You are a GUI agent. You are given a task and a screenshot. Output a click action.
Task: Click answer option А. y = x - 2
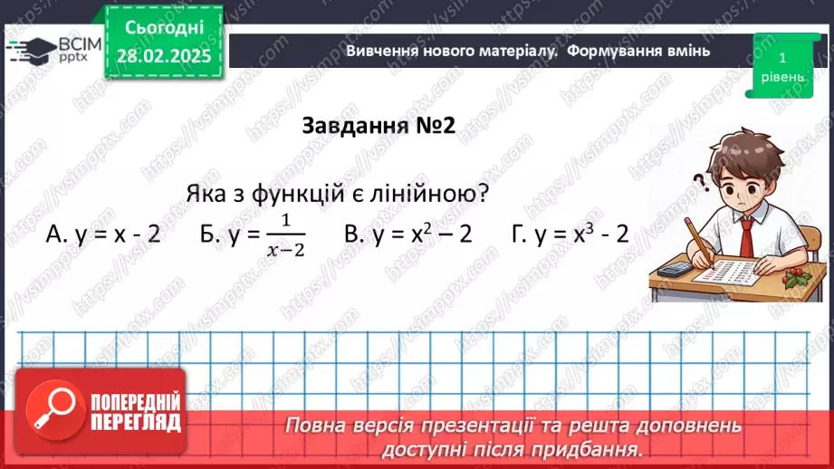pyautogui.click(x=102, y=234)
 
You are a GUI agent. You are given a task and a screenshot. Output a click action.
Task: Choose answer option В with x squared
pyautogui.click(x=408, y=234)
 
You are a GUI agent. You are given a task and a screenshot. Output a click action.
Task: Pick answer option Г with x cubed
pyautogui.click(x=570, y=234)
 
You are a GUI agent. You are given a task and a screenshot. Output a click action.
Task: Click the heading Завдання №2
pyautogui.click(x=378, y=126)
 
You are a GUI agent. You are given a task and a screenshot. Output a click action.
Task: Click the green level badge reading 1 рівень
pyautogui.click(x=781, y=66)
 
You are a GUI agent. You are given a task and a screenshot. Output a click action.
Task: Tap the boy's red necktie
pyautogui.click(x=745, y=235)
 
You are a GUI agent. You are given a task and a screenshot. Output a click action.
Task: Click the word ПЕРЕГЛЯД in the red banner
pyautogui.click(x=135, y=421)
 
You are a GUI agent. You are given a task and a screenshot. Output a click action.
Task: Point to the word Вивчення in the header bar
pyautogui.click(x=380, y=51)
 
